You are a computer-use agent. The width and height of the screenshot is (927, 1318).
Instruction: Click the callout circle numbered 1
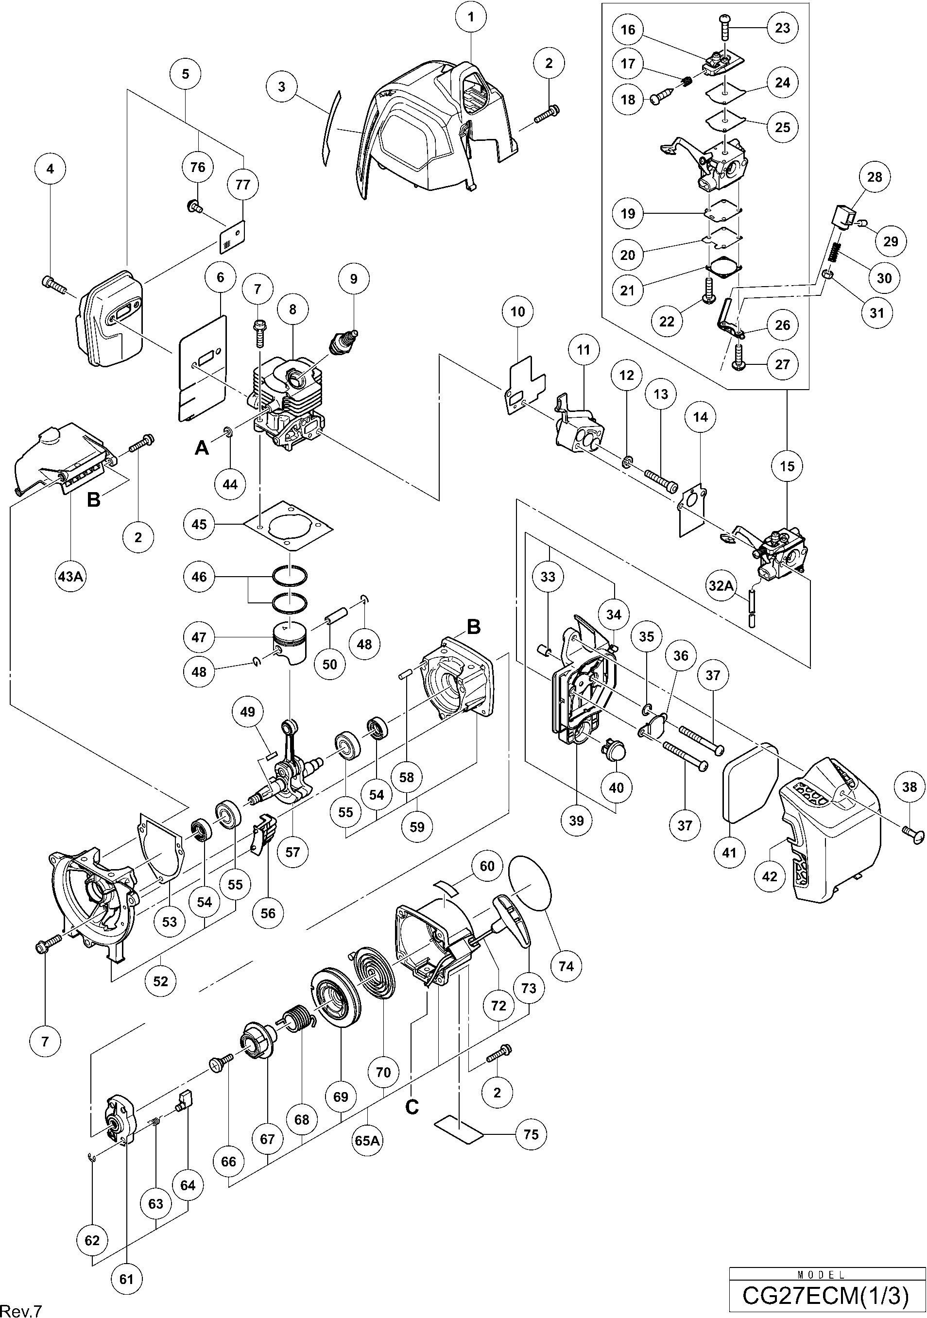[x=471, y=17]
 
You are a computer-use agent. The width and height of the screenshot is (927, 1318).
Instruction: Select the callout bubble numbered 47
[x=199, y=637]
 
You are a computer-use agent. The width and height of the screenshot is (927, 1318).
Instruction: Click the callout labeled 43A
[x=70, y=576]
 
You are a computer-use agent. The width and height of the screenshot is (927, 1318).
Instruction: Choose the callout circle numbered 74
[x=566, y=966]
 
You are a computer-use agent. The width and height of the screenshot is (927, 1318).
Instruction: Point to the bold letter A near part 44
[x=202, y=447]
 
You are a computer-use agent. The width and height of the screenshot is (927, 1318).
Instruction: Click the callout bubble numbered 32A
[x=721, y=585]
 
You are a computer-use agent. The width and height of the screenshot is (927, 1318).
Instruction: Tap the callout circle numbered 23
[x=782, y=28]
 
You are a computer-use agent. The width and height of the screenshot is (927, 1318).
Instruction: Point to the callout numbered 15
[x=787, y=466]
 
